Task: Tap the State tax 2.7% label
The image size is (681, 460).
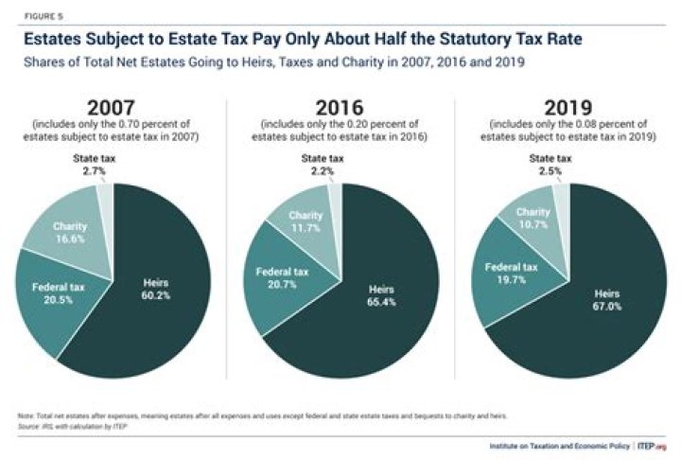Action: point(94,164)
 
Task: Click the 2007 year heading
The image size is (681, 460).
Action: point(113,107)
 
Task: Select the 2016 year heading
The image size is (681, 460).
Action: point(340,107)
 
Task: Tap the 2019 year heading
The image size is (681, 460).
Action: point(566,107)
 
